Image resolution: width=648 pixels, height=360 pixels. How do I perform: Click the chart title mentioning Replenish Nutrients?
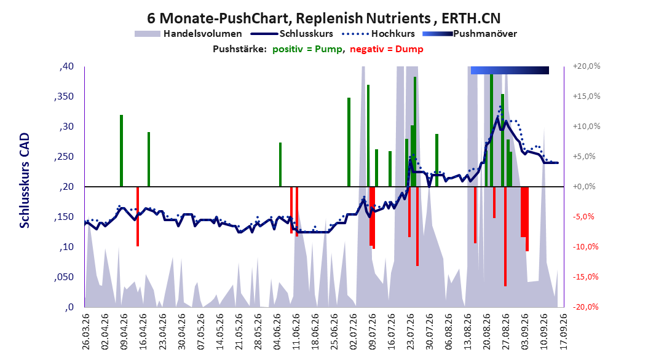coord(323,18)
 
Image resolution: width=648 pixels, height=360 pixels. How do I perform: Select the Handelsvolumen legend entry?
coord(189,34)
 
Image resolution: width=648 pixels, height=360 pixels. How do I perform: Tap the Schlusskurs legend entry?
coord(292,34)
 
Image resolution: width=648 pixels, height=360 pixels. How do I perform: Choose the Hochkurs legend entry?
coord(379,34)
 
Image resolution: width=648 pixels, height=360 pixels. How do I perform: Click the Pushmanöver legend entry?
coord(470,34)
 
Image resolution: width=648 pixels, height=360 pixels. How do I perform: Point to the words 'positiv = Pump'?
coord(307,49)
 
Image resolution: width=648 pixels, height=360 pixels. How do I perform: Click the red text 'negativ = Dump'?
coord(387,49)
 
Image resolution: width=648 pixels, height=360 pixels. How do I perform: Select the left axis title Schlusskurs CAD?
coord(25,181)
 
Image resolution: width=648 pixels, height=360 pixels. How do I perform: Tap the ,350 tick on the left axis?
coord(64,96)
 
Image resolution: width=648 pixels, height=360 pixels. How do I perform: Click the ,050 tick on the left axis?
coord(64,277)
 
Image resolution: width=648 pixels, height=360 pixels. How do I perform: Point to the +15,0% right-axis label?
coord(587,96)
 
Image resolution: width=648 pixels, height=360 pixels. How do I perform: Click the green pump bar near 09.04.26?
coord(122,151)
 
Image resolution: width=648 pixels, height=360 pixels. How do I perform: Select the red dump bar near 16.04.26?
coord(138,216)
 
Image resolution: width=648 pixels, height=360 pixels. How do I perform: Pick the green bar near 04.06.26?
coord(280,164)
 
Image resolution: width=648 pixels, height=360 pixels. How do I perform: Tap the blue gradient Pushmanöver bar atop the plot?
coord(510,70)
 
